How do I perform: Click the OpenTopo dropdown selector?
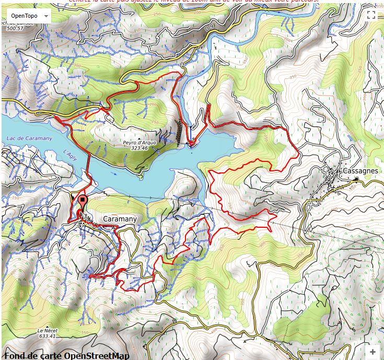[x=26, y=16]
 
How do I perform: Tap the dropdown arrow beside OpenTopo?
[x=46, y=16]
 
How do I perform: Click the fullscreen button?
[x=371, y=15]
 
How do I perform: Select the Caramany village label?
[x=120, y=219]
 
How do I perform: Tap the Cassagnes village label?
[x=360, y=171]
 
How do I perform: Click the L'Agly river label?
[x=70, y=153]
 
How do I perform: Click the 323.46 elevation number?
[x=139, y=148]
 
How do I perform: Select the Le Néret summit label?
[x=46, y=331]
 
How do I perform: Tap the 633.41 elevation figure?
[x=46, y=336]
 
